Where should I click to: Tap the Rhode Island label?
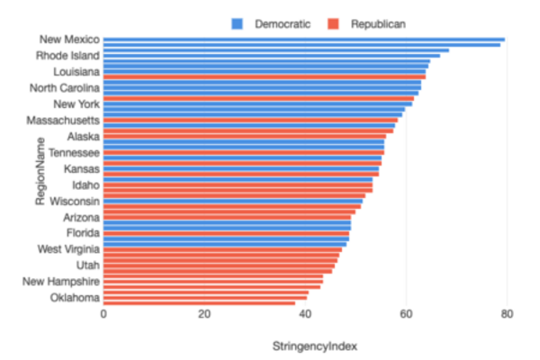[x=68, y=55]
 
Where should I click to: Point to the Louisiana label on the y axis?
[x=76, y=71]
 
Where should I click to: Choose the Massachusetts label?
[x=64, y=120]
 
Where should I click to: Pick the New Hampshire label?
[x=61, y=282]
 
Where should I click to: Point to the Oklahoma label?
[x=75, y=298]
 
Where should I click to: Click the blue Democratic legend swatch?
[x=237, y=23]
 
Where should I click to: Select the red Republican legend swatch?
[x=331, y=23]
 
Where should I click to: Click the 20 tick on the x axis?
[x=204, y=314]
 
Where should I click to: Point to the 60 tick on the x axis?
[x=406, y=314]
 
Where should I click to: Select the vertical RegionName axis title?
[x=40, y=171]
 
